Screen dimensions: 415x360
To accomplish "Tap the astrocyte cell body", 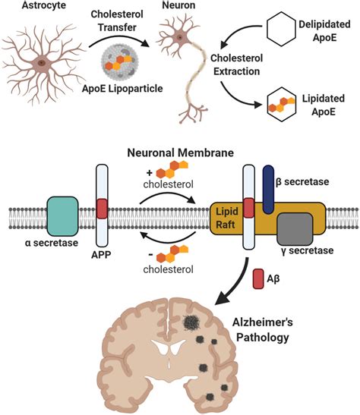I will [x=39, y=61].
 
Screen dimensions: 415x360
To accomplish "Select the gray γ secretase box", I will [x=293, y=229].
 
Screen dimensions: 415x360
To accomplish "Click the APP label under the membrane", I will [x=103, y=253].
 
